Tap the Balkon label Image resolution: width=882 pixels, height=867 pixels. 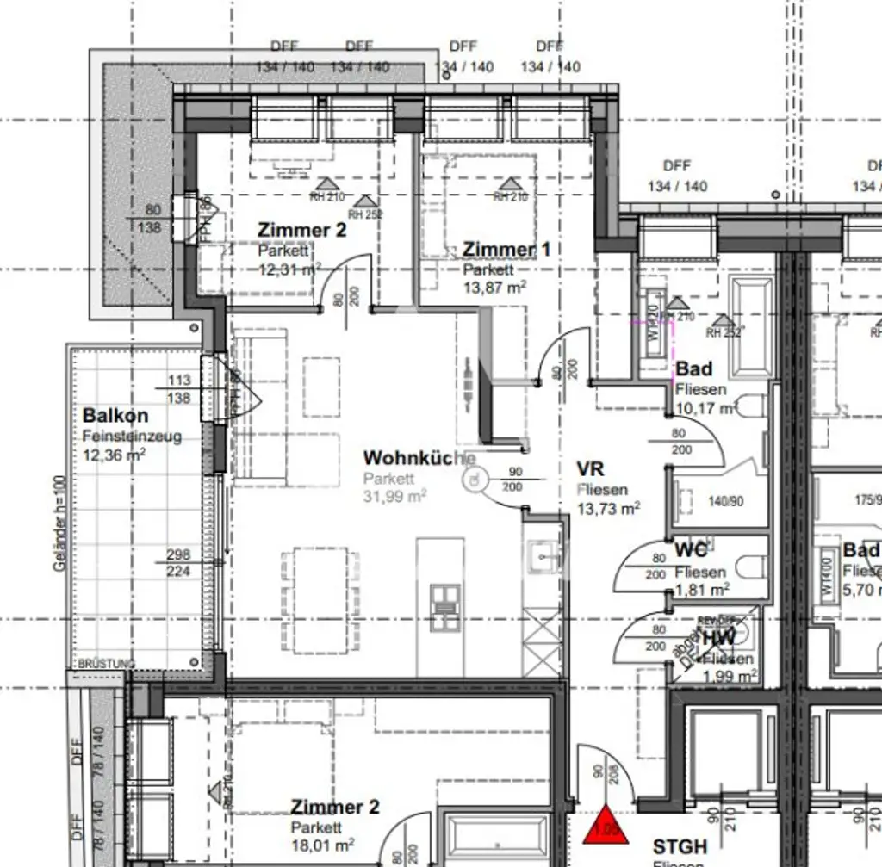coord(115,417)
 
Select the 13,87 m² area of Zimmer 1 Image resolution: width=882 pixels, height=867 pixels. coord(494,287)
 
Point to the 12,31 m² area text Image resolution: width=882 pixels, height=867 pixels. coord(289,269)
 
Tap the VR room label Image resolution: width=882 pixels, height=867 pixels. coord(590,470)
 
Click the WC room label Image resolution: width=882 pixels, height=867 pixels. coord(691,550)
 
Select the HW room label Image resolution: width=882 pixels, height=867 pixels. coord(718,639)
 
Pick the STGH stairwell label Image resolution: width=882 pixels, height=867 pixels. coord(680,847)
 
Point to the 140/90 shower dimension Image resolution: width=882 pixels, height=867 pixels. coord(724,500)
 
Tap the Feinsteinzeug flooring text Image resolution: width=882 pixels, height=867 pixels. coord(132,437)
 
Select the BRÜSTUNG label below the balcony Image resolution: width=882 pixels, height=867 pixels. coord(106,664)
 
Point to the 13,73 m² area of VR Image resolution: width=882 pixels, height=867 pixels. coord(608,509)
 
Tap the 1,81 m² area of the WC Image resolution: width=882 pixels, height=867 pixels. coord(702,590)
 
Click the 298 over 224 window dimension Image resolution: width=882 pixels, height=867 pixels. coord(179,563)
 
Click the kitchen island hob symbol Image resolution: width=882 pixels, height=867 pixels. coord(445,597)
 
